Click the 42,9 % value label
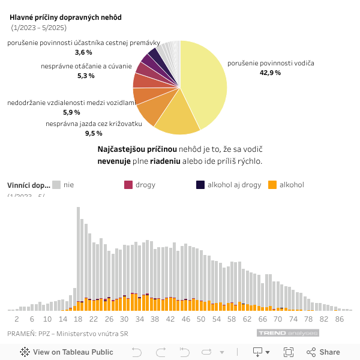point(270,73)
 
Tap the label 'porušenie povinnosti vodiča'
point(271,63)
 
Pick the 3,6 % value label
point(83,52)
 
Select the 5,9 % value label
point(71,112)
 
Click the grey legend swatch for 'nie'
point(56,185)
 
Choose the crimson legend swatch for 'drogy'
point(128,185)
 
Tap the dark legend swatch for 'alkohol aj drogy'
point(200,185)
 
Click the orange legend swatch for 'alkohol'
point(272,185)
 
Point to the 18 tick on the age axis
point(78,319)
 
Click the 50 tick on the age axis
point(201,319)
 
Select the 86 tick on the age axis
point(340,319)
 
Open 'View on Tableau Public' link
point(67,352)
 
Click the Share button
point(323,352)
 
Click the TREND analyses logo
point(288,333)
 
